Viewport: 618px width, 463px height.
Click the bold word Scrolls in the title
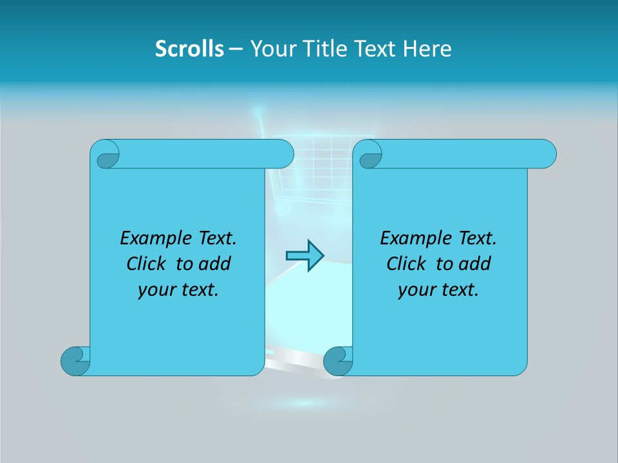(x=189, y=49)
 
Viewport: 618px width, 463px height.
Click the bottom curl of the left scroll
(x=75, y=361)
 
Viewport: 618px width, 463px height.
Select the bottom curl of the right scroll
(x=338, y=361)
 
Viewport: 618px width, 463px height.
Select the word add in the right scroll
(x=476, y=264)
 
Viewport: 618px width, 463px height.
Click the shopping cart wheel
(x=281, y=208)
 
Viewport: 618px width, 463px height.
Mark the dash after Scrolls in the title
(x=236, y=49)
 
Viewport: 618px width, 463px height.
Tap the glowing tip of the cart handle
(x=257, y=112)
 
